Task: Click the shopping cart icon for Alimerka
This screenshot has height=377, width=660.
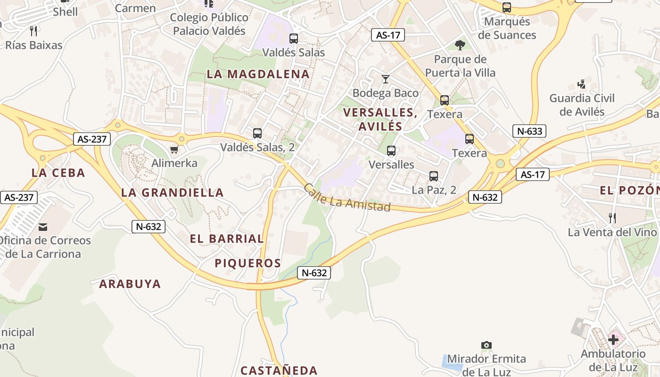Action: [174, 150]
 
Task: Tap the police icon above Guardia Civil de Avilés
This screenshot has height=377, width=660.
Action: [582, 85]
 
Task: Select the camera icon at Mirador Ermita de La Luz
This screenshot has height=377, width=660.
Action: [487, 345]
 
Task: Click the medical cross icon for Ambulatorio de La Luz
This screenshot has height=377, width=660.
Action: [613, 339]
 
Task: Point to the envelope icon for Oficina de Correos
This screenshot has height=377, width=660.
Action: [43, 227]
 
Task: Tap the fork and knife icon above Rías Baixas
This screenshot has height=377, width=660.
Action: [33, 31]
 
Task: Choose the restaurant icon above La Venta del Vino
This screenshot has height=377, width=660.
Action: [612, 218]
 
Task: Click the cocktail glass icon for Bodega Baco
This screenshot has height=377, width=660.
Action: [386, 79]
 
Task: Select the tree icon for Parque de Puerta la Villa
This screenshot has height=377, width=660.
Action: [460, 45]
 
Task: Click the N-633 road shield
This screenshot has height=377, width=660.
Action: [529, 131]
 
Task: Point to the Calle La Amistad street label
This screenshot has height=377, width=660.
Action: [347, 198]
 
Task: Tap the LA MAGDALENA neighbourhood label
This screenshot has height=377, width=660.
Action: [258, 74]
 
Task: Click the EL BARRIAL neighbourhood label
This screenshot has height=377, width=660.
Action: [227, 238]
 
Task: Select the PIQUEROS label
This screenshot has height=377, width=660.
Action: [248, 263]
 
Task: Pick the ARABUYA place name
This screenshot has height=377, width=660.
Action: [130, 284]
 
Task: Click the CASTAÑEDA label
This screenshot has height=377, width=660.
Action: [279, 370]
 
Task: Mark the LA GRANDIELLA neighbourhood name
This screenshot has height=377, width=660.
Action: [173, 192]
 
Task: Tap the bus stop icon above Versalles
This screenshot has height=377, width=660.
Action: [391, 151]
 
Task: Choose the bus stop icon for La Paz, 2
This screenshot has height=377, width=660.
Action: [434, 176]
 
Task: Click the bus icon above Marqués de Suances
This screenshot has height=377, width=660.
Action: [507, 8]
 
